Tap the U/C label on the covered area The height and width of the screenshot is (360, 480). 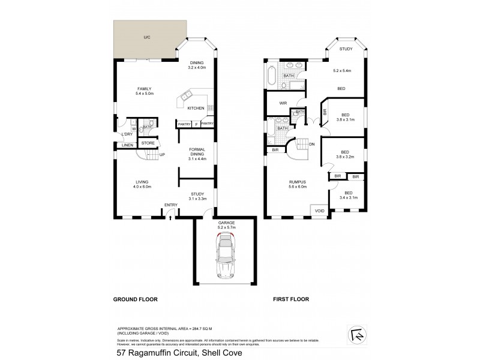(146, 38)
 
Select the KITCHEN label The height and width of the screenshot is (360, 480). (196, 108)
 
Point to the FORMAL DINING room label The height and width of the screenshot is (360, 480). (197, 154)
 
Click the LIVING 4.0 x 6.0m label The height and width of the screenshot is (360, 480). (142, 184)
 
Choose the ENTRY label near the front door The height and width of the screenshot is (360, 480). (172, 206)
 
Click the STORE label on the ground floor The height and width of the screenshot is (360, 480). (148, 143)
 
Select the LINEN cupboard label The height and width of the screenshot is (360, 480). (127, 146)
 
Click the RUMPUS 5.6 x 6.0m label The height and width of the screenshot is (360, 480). (298, 184)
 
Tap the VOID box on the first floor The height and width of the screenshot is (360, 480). (319, 211)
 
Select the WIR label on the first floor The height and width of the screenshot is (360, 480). (283, 103)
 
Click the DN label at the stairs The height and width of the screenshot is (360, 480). (311, 144)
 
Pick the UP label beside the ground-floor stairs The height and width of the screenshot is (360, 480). (162, 154)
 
